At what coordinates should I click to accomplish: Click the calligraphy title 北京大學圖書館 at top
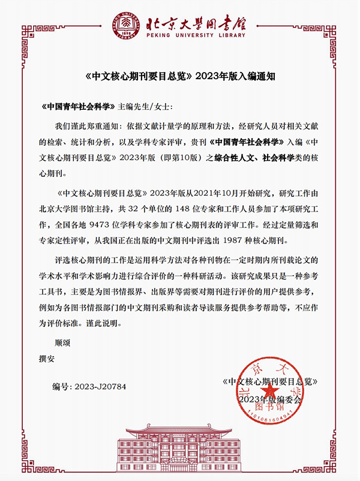[x=197, y=23]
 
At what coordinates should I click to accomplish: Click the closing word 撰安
[x=47, y=359]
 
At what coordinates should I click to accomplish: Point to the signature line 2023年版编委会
[x=271, y=399]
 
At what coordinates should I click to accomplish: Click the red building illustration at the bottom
[x=180, y=447]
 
